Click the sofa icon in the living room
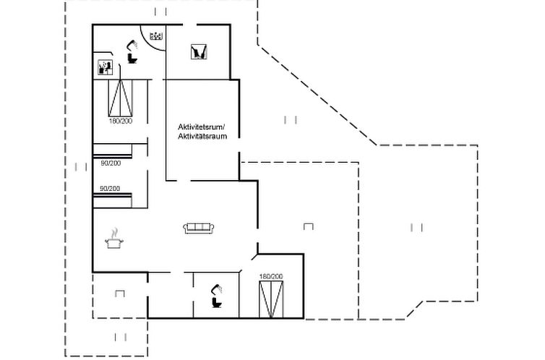point(199,228)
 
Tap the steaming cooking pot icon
point(114,239)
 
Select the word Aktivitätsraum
point(202,136)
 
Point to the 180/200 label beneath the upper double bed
point(121,121)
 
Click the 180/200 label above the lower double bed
point(271,276)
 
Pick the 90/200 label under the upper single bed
point(111,163)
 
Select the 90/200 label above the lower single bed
point(110,189)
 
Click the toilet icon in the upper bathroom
point(132,58)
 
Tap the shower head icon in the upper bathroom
point(132,45)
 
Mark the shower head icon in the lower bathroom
point(217,289)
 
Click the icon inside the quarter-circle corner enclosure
point(156,35)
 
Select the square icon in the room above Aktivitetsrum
point(199,52)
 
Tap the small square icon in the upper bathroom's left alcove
point(105,67)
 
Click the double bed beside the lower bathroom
point(271,299)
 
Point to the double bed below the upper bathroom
point(120,98)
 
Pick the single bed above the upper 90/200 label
point(112,151)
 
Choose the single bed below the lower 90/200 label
point(112,201)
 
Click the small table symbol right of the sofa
point(309,226)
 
